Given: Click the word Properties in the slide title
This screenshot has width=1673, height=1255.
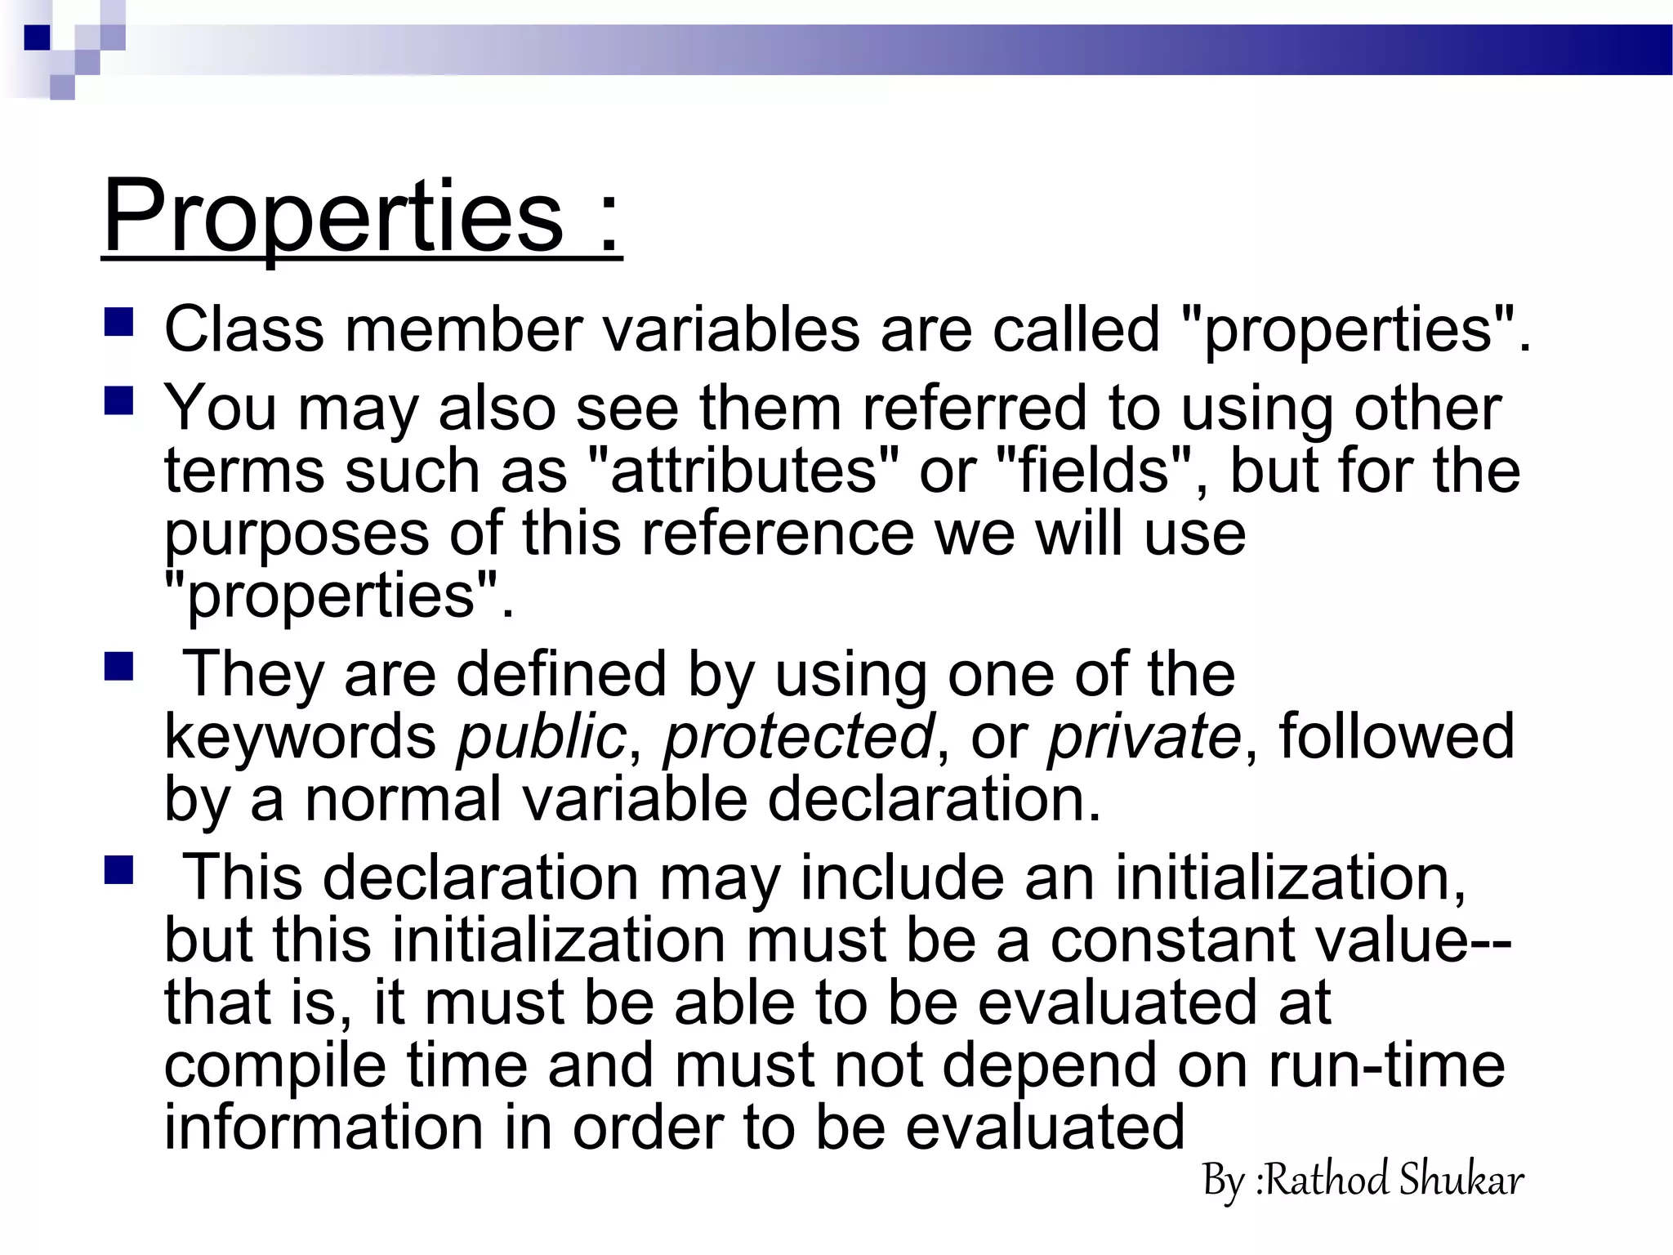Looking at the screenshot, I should click(x=333, y=217).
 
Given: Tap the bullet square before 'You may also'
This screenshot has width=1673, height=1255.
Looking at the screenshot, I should click(x=118, y=402).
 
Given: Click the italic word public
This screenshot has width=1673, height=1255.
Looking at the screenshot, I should click(x=541, y=736).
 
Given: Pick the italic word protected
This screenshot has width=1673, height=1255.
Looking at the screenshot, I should click(x=798, y=736).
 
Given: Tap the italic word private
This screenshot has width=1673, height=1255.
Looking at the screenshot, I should click(x=1144, y=736).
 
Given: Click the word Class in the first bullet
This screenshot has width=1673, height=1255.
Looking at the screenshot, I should click(x=244, y=329).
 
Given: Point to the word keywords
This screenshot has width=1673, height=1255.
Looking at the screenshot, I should click(x=301, y=736).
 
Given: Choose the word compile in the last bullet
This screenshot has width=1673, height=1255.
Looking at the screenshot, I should click(x=275, y=1065).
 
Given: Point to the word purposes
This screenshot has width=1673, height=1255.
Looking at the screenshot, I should click(x=297, y=534).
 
